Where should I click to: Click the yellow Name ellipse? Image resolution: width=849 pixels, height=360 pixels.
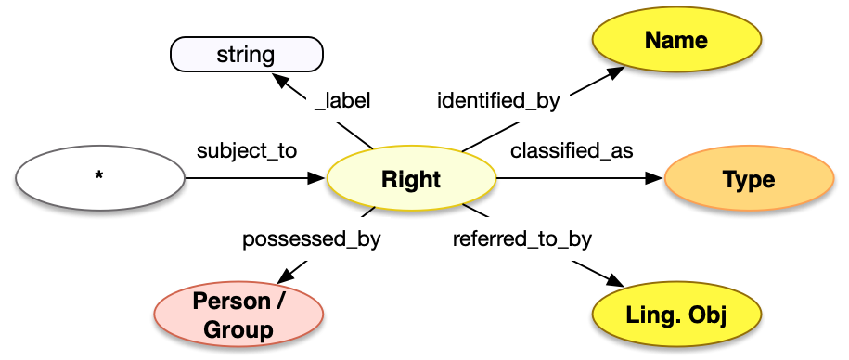tap(675, 41)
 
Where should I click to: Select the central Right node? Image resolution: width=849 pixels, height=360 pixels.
tap(411, 180)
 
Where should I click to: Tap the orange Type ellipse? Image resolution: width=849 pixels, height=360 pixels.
tap(749, 180)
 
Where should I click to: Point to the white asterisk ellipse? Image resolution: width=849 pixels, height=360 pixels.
tap(99, 180)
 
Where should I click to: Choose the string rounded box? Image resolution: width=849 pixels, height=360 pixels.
tap(246, 55)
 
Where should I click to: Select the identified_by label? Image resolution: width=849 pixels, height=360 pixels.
tap(498, 100)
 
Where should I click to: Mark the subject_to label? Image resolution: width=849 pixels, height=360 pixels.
tap(246, 150)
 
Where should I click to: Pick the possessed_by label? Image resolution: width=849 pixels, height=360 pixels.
tap(311, 238)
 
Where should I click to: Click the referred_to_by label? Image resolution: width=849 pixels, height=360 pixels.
tap(521, 238)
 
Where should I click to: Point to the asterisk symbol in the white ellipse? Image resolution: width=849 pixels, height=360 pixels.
tap(99, 180)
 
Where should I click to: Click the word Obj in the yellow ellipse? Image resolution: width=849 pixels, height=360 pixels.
tap(707, 315)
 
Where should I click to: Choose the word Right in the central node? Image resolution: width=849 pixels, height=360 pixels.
tap(411, 180)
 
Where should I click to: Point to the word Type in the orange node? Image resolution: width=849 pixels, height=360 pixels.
tap(749, 180)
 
